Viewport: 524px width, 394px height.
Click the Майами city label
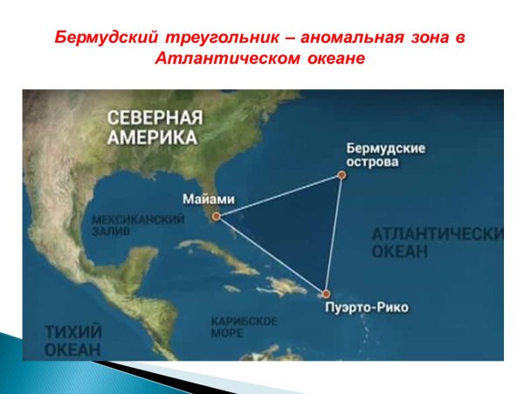(209, 197)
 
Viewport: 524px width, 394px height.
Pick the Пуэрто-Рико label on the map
(365, 308)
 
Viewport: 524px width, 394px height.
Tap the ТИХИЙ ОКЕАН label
(72, 339)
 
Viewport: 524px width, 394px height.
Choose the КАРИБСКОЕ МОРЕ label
(244, 327)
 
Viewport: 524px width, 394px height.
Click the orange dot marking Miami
(216, 215)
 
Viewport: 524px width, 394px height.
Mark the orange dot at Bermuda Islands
(341, 175)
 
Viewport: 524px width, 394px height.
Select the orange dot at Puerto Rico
(326, 294)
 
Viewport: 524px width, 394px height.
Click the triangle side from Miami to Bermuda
(279, 195)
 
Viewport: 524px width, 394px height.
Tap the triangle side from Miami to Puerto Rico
(271, 255)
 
